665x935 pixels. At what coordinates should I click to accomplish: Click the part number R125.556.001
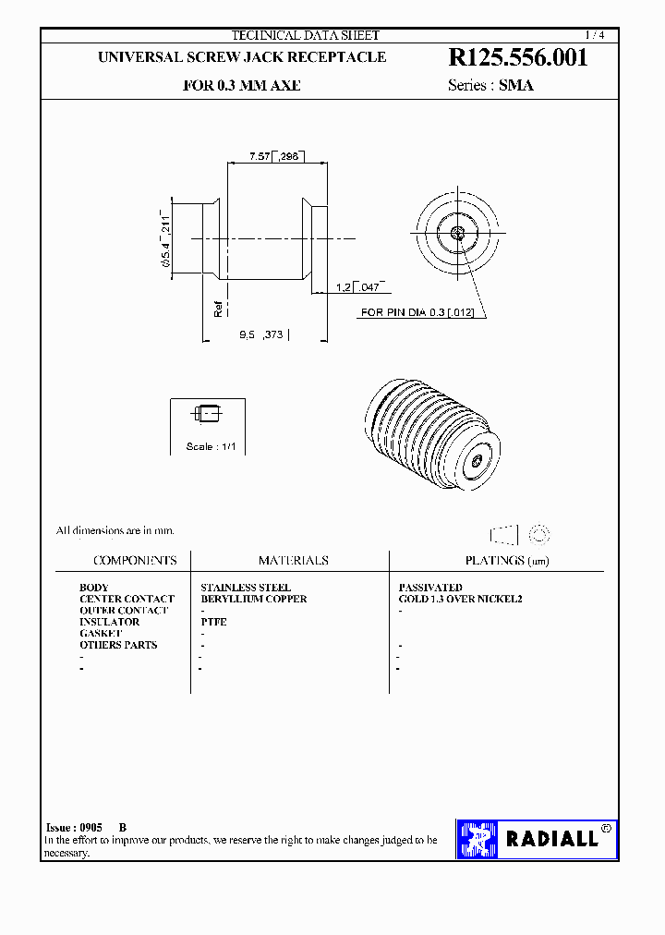tap(517, 58)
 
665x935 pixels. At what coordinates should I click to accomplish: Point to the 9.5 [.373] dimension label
tap(261, 335)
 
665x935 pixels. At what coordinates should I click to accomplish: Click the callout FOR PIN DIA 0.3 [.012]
tap(417, 313)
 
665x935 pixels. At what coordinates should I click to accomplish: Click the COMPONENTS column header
tap(135, 561)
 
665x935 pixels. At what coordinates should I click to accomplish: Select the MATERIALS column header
tap(293, 561)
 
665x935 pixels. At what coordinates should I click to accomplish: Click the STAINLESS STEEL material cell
tap(246, 588)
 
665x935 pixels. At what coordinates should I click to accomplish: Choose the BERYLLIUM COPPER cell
tap(253, 599)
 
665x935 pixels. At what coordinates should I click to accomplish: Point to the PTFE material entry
tap(213, 622)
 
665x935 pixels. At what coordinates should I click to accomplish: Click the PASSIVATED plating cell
tap(430, 588)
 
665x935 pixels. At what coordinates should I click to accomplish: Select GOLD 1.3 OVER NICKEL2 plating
tap(460, 599)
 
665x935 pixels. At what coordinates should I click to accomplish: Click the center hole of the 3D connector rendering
tap(477, 459)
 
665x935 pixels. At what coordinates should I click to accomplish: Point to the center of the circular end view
tap(458, 233)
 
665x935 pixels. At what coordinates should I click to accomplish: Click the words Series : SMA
tap(490, 85)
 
